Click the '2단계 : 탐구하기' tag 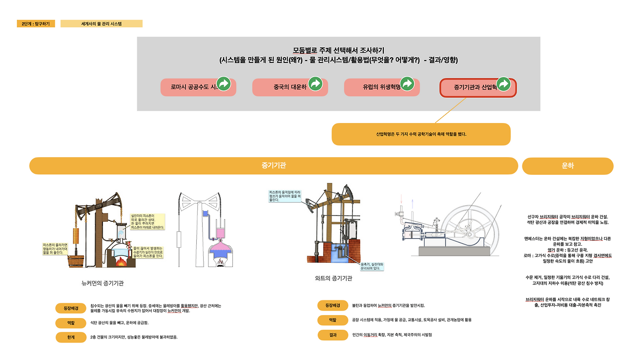pyautogui.click(x=36, y=23)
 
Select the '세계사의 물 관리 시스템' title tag pyautogui.click(x=102, y=23)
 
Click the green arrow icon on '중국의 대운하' pyautogui.click(x=315, y=84)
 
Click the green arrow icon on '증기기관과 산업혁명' pyautogui.click(x=504, y=84)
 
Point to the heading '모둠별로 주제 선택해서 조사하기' pyautogui.click(x=338, y=50)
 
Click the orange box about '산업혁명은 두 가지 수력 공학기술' pyautogui.click(x=421, y=134)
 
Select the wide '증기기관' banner pyautogui.click(x=273, y=166)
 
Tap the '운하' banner pyautogui.click(x=567, y=166)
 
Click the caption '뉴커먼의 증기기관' pyautogui.click(x=106, y=283)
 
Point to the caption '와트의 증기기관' pyautogui.click(x=333, y=278)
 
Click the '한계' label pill pyautogui.click(x=71, y=337)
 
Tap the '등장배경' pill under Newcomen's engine pyautogui.click(x=71, y=308)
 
